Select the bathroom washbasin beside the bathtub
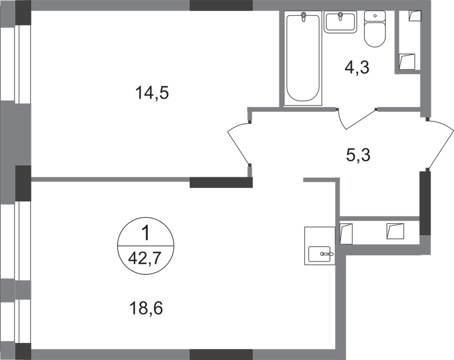339,22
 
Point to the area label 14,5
153,93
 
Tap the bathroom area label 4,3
357,67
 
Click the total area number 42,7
146,259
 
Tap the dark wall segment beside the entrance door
423,202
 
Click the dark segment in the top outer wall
221,5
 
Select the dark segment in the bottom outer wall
221,354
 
